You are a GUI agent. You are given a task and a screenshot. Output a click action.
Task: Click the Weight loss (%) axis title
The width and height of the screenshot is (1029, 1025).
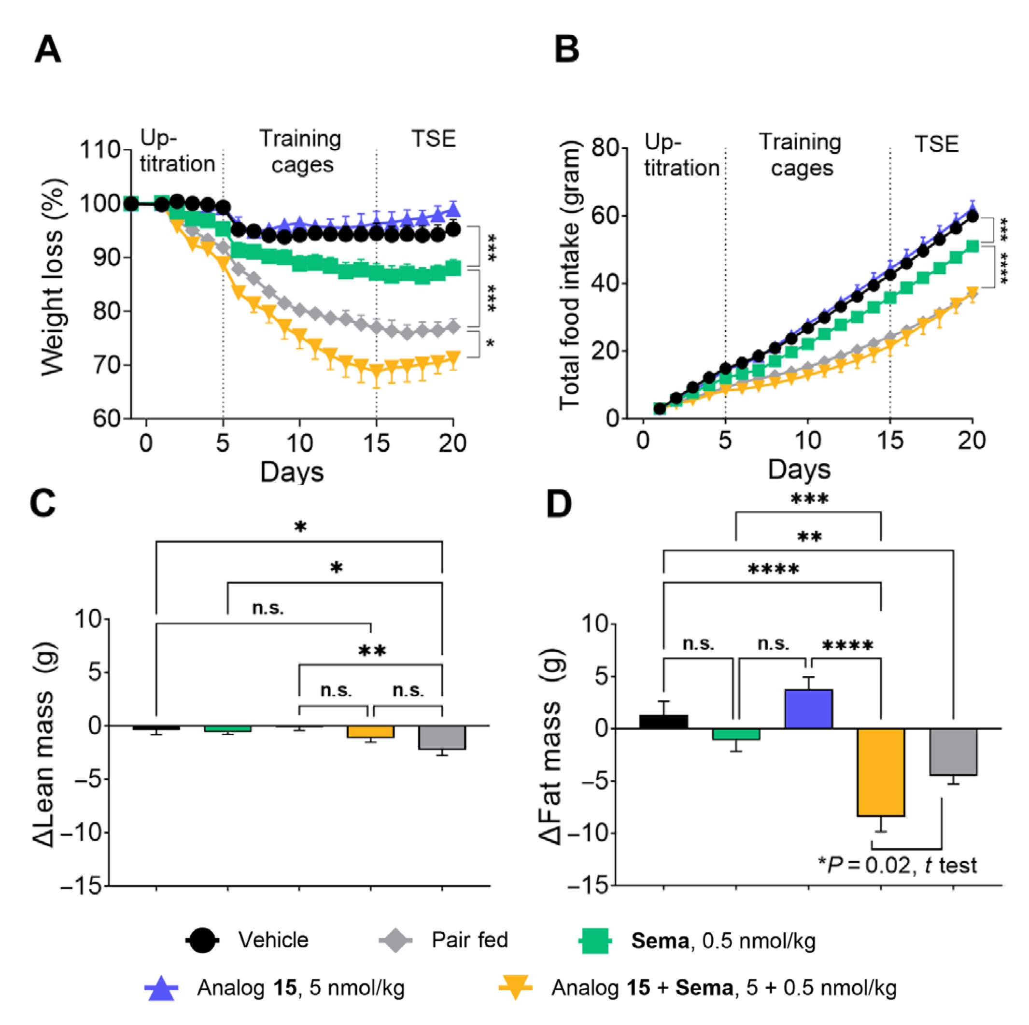pyautogui.click(x=52, y=277)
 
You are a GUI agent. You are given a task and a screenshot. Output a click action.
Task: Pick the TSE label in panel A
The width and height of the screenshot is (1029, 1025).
pyautogui.click(x=434, y=139)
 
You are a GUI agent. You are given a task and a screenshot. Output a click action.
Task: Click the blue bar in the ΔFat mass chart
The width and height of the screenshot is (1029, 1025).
pyautogui.click(x=808, y=709)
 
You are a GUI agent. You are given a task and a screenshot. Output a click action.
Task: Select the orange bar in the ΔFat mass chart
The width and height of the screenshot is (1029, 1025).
pyautogui.click(x=880, y=772)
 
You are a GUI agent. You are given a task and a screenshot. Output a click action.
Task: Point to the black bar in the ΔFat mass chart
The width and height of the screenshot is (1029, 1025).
pyautogui.click(x=663, y=722)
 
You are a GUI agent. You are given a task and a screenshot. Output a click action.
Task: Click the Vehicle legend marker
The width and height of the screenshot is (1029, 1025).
pyautogui.click(x=202, y=940)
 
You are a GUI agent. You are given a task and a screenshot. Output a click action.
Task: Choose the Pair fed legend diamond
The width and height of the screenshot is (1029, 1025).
pyautogui.click(x=395, y=940)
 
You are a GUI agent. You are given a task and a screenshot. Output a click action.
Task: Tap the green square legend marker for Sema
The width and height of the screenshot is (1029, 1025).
pyautogui.click(x=594, y=941)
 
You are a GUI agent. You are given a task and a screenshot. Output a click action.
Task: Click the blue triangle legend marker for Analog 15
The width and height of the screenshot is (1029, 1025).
pyautogui.click(x=161, y=988)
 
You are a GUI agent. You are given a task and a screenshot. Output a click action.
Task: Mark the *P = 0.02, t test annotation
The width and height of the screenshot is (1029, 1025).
pyautogui.click(x=898, y=866)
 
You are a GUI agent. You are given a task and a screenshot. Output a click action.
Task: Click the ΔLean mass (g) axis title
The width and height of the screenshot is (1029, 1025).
pyautogui.click(x=45, y=746)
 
